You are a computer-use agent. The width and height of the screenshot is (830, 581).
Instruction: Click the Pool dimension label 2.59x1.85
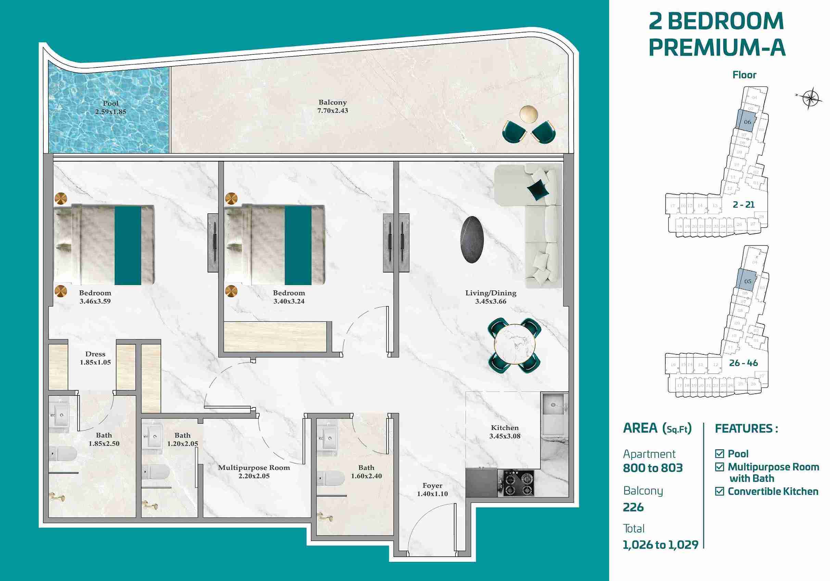pyautogui.click(x=111, y=112)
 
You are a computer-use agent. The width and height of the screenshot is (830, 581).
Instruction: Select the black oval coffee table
pyautogui.click(x=472, y=239)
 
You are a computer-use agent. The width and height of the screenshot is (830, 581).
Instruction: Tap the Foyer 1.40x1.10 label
pyautogui.click(x=432, y=490)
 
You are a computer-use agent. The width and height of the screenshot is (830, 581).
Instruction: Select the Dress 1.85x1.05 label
pyautogui.click(x=95, y=358)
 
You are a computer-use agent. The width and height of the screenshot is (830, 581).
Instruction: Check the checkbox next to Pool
pyautogui.click(x=719, y=453)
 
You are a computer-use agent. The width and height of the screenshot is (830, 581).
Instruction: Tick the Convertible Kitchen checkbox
pyautogui.click(x=719, y=491)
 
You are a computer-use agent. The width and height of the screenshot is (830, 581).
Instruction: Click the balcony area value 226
pyautogui.click(x=633, y=507)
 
